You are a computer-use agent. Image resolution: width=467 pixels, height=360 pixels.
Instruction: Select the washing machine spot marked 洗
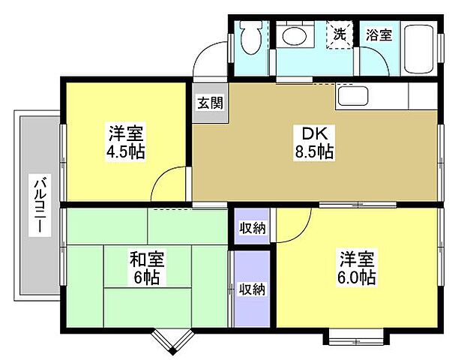(x=340, y=34)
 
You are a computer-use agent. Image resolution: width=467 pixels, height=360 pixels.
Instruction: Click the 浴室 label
(x=379, y=34)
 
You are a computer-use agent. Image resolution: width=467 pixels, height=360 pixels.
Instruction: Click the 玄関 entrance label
(x=210, y=103)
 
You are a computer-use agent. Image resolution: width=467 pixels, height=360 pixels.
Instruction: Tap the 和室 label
(x=147, y=260)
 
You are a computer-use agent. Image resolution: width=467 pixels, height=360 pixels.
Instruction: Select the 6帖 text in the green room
(x=147, y=277)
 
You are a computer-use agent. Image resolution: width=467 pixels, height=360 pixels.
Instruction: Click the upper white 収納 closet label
(x=251, y=227)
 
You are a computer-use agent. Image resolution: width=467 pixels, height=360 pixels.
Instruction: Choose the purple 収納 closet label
(x=251, y=288)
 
